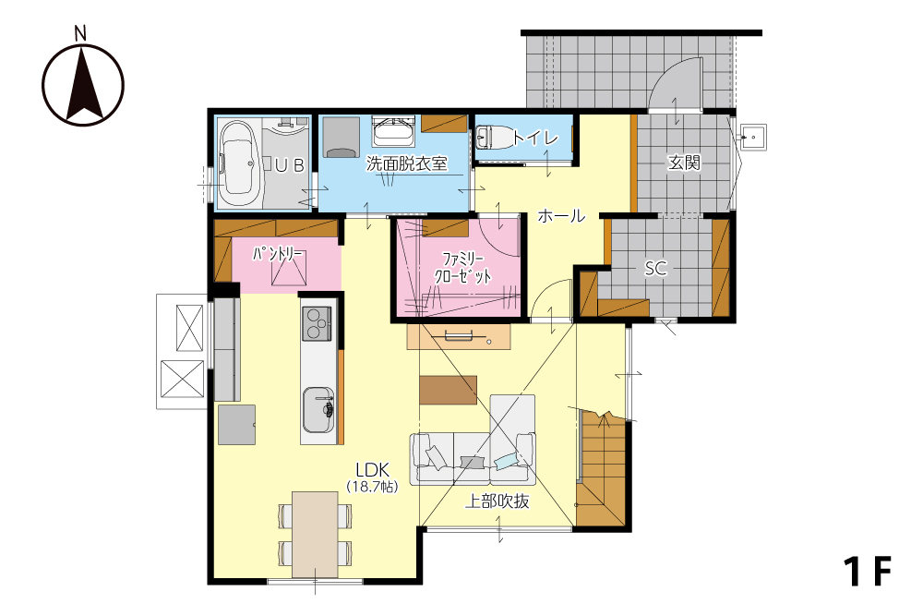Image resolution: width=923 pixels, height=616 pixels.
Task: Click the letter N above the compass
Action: coord(80,33)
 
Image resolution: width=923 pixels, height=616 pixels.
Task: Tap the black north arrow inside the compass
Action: coord(83,84)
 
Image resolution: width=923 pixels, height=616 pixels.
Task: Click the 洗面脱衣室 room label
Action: coord(407,163)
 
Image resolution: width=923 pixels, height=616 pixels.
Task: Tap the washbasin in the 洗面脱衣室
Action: coord(394,131)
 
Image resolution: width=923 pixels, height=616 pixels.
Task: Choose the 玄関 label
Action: coord(684,162)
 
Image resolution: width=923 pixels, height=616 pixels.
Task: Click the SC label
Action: coord(655,269)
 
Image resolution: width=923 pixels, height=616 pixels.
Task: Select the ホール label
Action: coord(561,216)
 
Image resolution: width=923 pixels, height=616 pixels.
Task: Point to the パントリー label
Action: coord(278,254)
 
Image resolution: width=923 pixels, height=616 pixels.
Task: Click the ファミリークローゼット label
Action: coord(462,268)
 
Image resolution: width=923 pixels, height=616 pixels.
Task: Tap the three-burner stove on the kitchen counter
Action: coord(318,323)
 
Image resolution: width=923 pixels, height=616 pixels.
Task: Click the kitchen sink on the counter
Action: coord(318,410)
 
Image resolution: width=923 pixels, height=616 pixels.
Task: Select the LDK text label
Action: coord(372,469)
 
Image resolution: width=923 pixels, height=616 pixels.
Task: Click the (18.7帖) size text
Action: coord(372,487)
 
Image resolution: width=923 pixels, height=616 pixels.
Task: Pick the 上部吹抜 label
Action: coord(497,501)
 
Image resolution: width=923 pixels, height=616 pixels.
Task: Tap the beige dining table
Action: coord(316,535)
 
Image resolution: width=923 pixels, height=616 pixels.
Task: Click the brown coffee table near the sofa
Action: coord(448,390)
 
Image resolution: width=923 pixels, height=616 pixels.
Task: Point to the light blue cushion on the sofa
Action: coord(506,461)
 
